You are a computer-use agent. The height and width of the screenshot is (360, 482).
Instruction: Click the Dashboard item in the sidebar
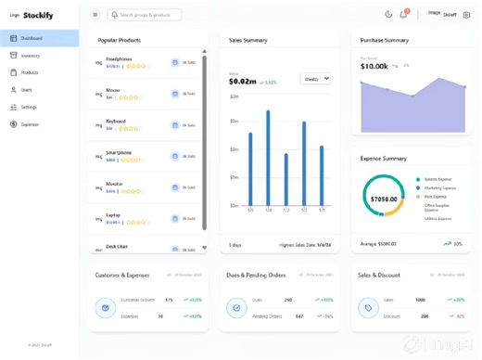pyautogui.click(x=32, y=38)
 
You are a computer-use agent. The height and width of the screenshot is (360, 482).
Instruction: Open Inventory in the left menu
pyautogui.click(x=31, y=56)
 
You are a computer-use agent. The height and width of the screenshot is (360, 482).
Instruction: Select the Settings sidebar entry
pyautogui.click(x=30, y=107)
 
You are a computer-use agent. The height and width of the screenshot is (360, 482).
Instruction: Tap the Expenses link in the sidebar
pyautogui.click(x=31, y=124)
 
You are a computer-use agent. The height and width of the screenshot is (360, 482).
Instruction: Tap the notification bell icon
pyautogui.click(x=404, y=14)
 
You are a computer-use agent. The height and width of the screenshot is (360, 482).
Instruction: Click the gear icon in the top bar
pyautogui.click(x=467, y=15)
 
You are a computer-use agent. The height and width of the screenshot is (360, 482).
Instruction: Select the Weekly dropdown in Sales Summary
pyautogui.click(x=315, y=80)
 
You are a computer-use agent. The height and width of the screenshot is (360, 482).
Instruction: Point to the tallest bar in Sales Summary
pyautogui.click(x=269, y=159)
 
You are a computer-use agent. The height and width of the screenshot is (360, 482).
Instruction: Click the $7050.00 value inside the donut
pyautogui.click(x=384, y=199)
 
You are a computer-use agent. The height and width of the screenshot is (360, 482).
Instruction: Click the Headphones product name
pyautogui.click(x=119, y=58)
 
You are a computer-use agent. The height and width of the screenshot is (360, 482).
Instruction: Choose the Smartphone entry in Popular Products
pyautogui.click(x=120, y=152)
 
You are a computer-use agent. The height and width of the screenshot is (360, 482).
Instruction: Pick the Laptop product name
pyautogui.click(x=113, y=215)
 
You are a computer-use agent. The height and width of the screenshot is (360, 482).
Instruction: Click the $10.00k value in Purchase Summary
pyautogui.click(x=374, y=66)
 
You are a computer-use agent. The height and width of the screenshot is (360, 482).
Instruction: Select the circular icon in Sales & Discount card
pyautogui.click(x=368, y=307)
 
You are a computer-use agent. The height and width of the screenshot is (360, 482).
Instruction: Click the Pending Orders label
pyautogui.click(x=270, y=316)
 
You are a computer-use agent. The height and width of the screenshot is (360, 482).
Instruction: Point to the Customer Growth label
pyautogui.click(x=136, y=300)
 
